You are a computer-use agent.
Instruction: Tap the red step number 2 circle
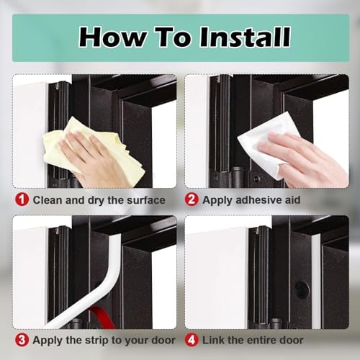pos(192,199)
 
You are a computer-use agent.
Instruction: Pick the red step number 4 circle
pos(192,339)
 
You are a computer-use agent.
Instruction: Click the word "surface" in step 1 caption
pos(142,199)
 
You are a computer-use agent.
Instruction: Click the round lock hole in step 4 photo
pos(302,289)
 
